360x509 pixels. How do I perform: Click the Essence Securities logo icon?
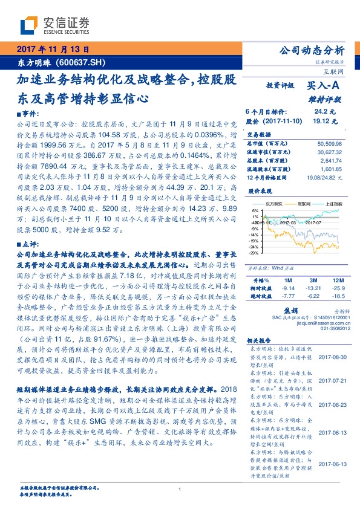[30, 25]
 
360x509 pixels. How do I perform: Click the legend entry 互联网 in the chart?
[304, 205]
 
